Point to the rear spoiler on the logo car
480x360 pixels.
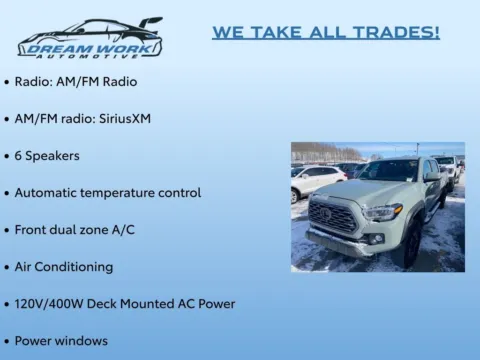tap(151, 21)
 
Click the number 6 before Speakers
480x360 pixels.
tap(19, 156)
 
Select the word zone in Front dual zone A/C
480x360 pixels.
tap(94, 229)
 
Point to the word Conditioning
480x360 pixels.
tap(74, 267)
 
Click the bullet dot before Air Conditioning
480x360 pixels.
tap(7, 267)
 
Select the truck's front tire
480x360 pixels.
tap(411, 246)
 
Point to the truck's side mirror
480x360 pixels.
tap(432, 180)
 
